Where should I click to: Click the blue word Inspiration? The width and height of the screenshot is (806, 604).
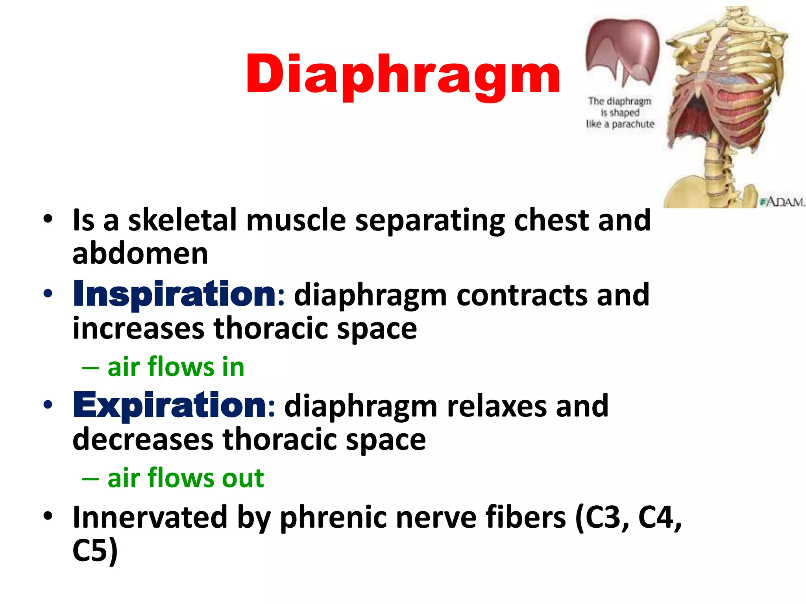pyautogui.click(x=174, y=295)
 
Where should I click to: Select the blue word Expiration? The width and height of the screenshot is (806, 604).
pyautogui.click(x=170, y=406)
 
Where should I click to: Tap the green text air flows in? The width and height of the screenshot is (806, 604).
pyautogui.click(x=176, y=367)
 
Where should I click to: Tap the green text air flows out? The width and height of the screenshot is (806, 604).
pyautogui.click(x=185, y=478)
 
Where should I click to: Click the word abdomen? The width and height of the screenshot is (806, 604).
pyautogui.click(x=140, y=254)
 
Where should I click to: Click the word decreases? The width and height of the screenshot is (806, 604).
pyautogui.click(x=143, y=440)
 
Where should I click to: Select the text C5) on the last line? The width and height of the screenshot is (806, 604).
pyautogui.click(x=95, y=551)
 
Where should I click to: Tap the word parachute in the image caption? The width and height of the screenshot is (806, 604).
pyautogui.click(x=632, y=124)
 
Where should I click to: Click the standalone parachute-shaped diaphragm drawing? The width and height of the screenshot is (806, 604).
pyautogui.click(x=622, y=51)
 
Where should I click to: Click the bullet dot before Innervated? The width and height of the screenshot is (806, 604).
pyautogui.click(x=48, y=516)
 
